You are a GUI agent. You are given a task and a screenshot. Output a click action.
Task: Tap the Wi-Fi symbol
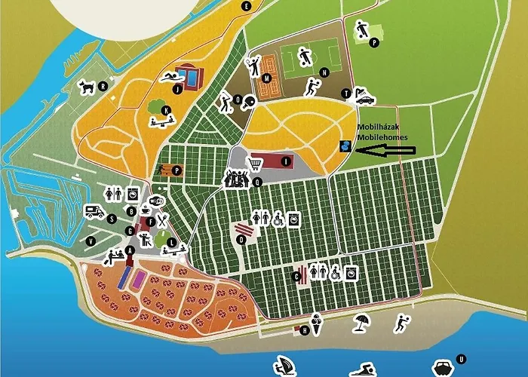[x=157, y=201]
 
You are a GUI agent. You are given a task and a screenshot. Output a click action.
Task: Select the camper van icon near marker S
[x=95, y=211]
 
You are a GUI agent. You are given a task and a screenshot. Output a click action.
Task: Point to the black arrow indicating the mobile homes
[x=385, y=150]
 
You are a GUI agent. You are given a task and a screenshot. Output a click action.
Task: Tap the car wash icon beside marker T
[x=365, y=98]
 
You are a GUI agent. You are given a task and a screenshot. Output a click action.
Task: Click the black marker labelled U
[x=462, y=360]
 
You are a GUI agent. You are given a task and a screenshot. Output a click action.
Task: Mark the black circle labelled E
[x=246, y=6]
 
